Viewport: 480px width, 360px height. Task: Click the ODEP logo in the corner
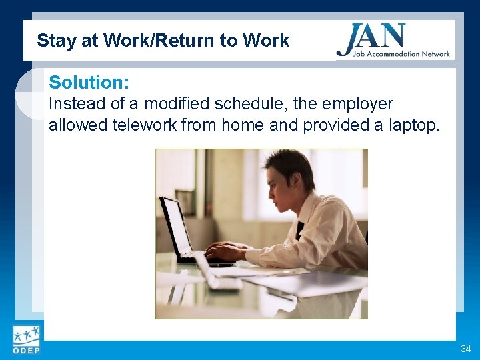point(25,341)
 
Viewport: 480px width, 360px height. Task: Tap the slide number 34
point(465,349)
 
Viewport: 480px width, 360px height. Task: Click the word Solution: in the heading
point(89,83)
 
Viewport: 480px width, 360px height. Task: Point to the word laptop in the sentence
point(411,125)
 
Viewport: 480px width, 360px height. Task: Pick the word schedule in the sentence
point(252,104)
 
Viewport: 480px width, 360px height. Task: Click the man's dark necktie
point(301,230)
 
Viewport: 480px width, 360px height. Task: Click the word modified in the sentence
point(175,104)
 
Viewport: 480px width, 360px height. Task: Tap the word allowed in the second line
point(75,125)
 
